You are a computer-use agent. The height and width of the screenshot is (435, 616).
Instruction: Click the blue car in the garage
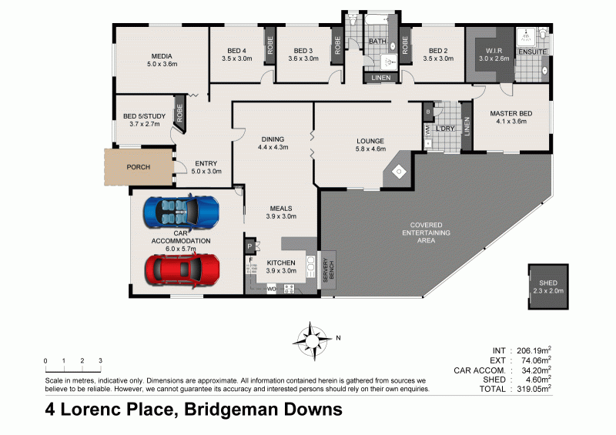181,212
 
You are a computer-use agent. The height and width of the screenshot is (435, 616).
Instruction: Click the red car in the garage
182,269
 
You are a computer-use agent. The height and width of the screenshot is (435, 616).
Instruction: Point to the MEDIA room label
161,55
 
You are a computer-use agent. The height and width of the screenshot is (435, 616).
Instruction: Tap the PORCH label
139,167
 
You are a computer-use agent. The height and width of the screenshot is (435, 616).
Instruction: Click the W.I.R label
494,51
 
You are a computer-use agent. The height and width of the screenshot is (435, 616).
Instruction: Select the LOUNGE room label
370,141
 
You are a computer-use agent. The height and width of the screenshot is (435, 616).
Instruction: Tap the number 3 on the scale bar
100,360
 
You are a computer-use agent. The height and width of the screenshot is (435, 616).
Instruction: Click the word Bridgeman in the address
226,410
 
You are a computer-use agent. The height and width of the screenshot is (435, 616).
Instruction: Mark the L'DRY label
445,128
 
